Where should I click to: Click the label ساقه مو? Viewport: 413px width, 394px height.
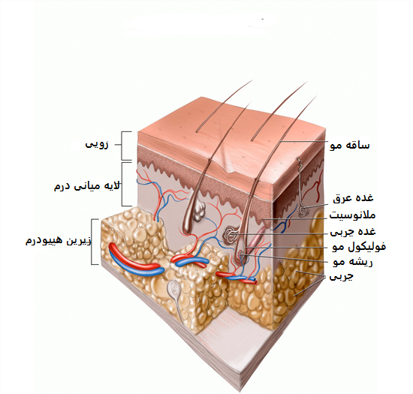[x=350, y=145]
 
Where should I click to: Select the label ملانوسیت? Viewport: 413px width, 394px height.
[x=352, y=215]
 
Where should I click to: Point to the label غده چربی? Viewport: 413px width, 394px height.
[x=353, y=232]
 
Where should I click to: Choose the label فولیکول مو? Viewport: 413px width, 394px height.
[x=359, y=247]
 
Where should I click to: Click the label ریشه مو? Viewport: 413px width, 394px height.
[x=352, y=262]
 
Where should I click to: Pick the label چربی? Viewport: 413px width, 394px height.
[x=341, y=277]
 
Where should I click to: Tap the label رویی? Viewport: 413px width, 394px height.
[x=97, y=145]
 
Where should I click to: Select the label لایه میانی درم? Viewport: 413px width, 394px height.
[x=87, y=186]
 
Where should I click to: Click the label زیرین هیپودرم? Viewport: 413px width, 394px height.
[x=59, y=241]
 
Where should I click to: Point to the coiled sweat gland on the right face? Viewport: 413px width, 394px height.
[x=303, y=211]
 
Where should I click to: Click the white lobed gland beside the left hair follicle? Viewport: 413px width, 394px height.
[x=199, y=212]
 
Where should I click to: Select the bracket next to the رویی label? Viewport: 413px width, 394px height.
[x=122, y=146]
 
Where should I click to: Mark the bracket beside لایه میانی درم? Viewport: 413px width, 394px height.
[x=122, y=184]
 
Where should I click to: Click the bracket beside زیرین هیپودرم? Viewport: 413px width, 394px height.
[x=92, y=242]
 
